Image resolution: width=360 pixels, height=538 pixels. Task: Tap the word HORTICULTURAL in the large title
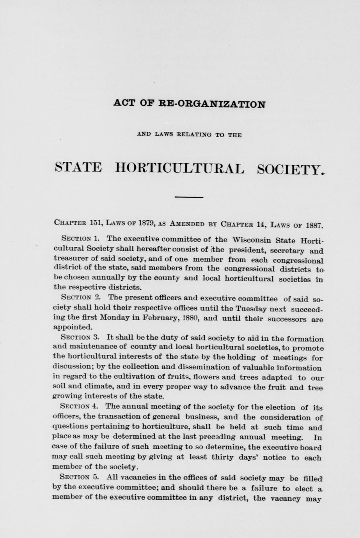pyautogui.click(x=180, y=168)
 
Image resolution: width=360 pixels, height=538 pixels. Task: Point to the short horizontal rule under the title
pyautogui.click(x=189, y=197)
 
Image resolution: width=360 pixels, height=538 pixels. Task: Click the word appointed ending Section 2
pyautogui.click(x=72, y=327)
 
